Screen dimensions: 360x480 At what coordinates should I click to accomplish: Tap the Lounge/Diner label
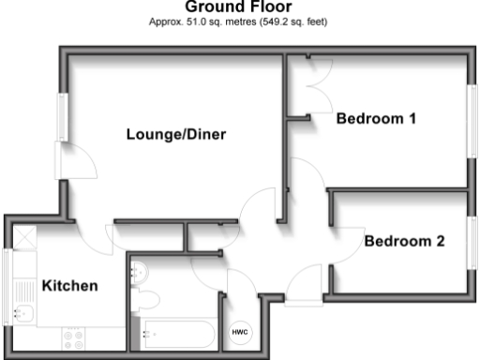click(x=177, y=135)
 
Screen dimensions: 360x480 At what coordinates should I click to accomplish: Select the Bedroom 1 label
click(x=376, y=119)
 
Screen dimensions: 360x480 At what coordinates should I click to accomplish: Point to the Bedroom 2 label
click(x=404, y=241)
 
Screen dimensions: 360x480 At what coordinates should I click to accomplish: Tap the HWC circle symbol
click(x=239, y=333)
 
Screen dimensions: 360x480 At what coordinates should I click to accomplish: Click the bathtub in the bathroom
click(x=178, y=332)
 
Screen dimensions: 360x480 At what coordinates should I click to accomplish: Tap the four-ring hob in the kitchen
click(x=73, y=336)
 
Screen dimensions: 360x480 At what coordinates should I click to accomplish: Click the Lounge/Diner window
click(x=62, y=117)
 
